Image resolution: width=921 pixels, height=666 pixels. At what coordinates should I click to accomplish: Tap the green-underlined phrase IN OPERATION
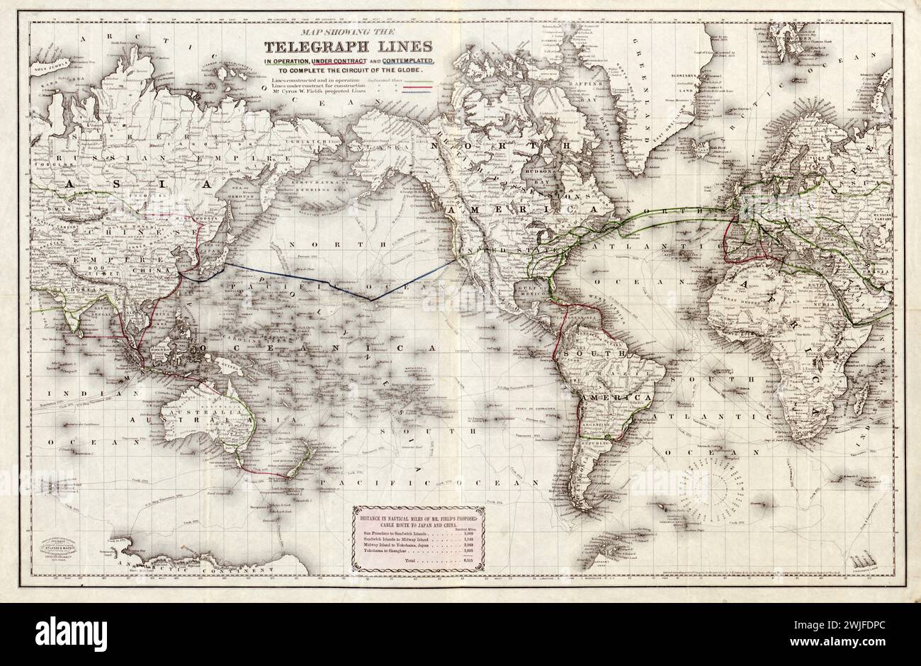[x=288, y=62]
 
